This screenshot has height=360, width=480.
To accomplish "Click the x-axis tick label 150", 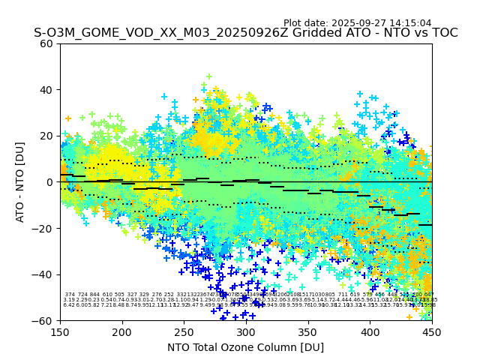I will pyautogui.click(x=60, y=331).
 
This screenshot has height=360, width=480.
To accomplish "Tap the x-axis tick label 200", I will pyautogui.click(x=122, y=331).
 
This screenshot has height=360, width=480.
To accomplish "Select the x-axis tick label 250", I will pyautogui.click(x=184, y=331).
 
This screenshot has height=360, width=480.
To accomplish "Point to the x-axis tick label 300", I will pyautogui.click(x=246, y=331).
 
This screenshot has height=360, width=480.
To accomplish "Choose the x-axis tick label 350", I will pyautogui.click(x=308, y=331).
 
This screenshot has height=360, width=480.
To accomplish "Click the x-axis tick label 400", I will pyautogui.click(x=370, y=331).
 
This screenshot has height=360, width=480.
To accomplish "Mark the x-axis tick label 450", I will pyautogui.click(x=432, y=331).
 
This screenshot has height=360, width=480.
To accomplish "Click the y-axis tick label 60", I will pyautogui.click(x=46, y=43).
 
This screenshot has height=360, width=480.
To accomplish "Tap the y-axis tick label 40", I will pyautogui.click(x=46, y=90).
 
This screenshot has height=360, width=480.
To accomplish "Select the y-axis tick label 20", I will pyautogui.click(x=46, y=136).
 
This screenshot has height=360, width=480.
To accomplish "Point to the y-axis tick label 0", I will pyautogui.click(x=49, y=182).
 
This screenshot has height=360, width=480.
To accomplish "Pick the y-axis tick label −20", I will pyautogui.click(x=43, y=228).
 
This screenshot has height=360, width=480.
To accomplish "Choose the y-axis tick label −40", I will pyautogui.click(x=43, y=274).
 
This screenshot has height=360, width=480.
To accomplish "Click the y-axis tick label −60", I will pyautogui.click(x=43, y=320).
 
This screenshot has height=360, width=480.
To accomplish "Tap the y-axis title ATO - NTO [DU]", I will pyautogui.click(x=20, y=182).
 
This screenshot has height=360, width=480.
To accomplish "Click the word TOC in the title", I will pyautogui.click(x=444, y=33).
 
